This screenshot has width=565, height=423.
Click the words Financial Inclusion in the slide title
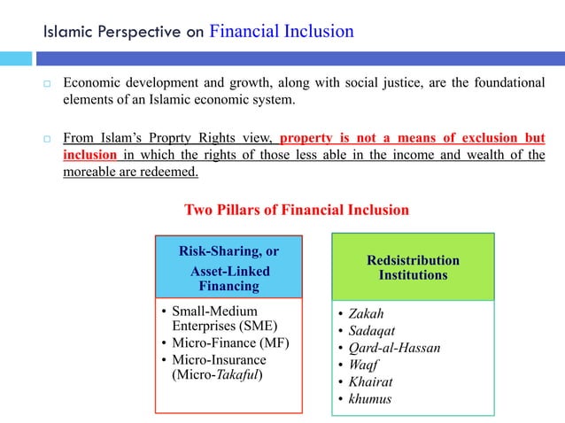[x=282, y=32]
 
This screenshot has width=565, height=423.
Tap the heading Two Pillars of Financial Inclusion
[x=296, y=210]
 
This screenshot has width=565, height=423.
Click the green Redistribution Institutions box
[x=413, y=267]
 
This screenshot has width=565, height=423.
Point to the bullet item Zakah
[x=367, y=313]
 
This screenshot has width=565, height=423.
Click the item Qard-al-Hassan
[x=394, y=347]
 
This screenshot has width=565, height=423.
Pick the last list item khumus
[x=370, y=398]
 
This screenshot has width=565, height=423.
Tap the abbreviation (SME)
[x=252, y=326]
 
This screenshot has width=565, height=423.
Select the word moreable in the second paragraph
[x=92, y=170]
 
